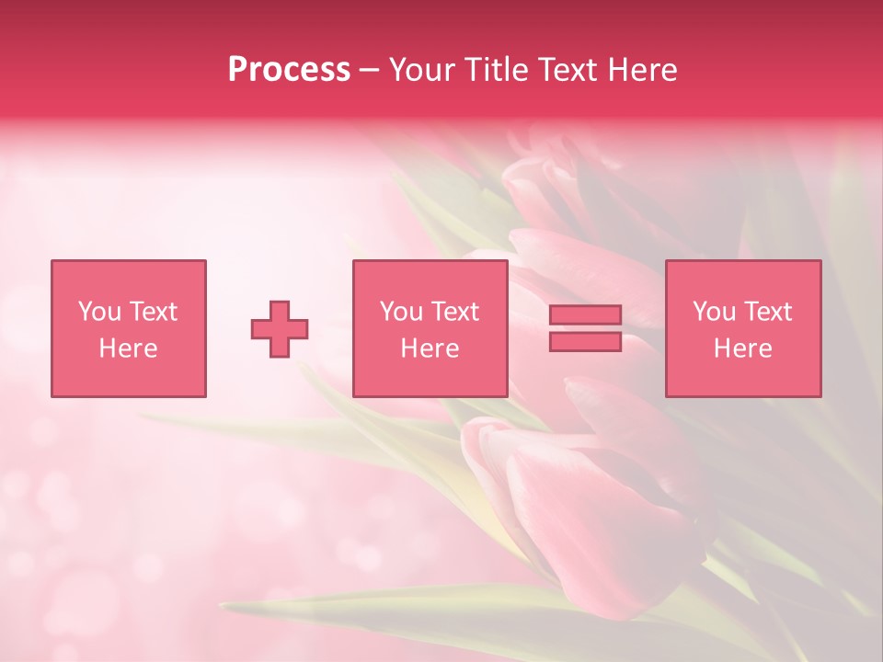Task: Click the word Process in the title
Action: [289, 70]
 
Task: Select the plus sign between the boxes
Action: [280, 329]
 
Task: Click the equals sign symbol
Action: [585, 328]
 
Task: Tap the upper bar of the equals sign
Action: [585, 315]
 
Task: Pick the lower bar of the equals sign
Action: [585, 341]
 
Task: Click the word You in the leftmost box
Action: [97, 312]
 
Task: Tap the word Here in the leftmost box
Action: [128, 348]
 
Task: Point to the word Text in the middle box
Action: [453, 312]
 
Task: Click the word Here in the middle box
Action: [430, 348]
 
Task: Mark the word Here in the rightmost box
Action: [742, 348]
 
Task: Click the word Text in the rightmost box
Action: [767, 312]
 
